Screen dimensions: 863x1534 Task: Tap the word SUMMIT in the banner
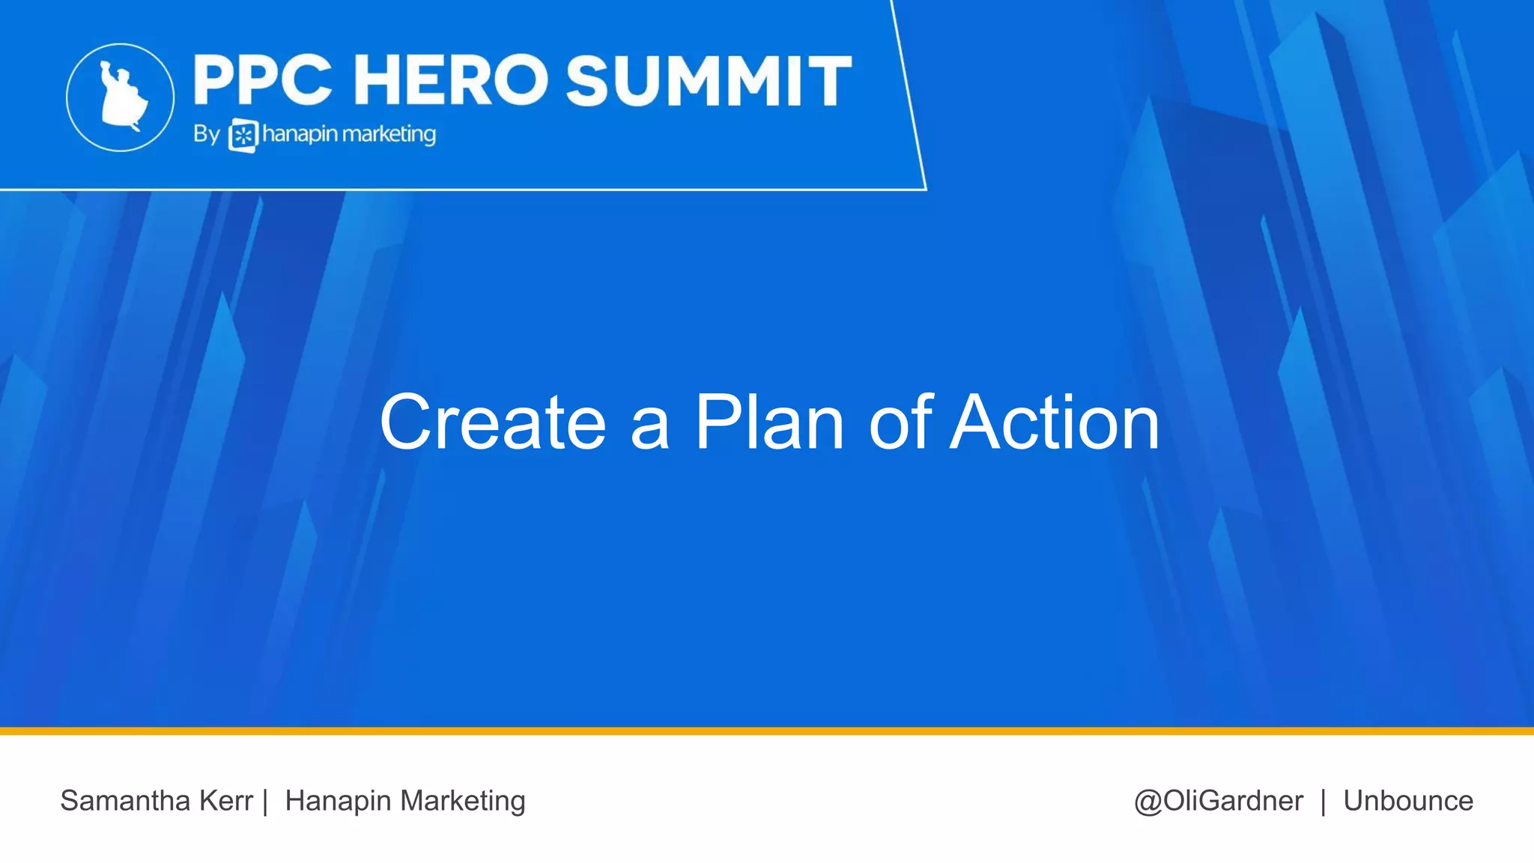pos(709,80)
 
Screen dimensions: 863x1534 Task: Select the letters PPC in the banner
pos(262,80)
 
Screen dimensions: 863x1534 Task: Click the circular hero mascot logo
pos(121,97)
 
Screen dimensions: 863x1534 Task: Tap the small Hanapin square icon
pos(243,136)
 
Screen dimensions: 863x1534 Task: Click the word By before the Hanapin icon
pos(206,134)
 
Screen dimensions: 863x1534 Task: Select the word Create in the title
pos(492,423)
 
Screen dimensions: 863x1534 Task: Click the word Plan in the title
pos(770,423)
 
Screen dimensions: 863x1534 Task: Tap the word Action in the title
pos(1055,423)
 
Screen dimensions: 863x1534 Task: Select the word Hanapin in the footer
pos(338,801)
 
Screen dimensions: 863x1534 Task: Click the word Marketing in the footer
pos(462,801)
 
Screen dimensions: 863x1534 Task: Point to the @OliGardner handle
pos(1218,801)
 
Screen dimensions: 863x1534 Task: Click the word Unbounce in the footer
pos(1407,801)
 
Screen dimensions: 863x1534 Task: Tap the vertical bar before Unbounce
pos(1324,801)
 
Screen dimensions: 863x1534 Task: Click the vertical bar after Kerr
pos(265,801)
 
